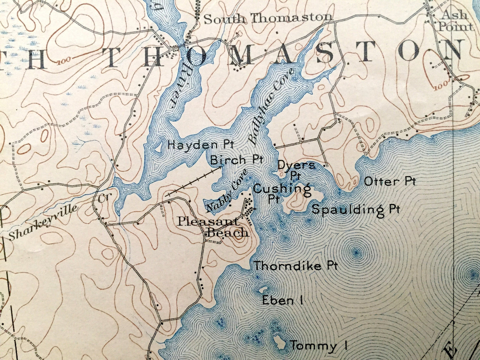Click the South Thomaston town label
[x=268, y=18]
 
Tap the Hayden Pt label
[x=201, y=145]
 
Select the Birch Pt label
[x=237, y=160]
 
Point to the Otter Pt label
[x=390, y=181]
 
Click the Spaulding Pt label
[x=356, y=209]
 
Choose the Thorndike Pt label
[x=296, y=266]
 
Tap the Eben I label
[x=282, y=301]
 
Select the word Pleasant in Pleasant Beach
[x=208, y=221]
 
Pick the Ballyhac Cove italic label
[x=271, y=106]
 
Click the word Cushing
[x=282, y=189]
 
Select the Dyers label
[x=296, y=165]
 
